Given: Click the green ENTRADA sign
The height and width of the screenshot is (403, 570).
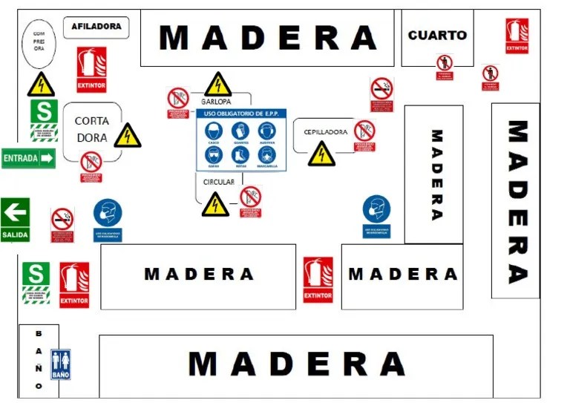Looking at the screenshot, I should click(28, 157).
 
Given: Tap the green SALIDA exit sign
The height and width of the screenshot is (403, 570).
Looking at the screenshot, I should click(15, 220).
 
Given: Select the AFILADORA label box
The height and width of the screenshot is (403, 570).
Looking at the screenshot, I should click(96, 27).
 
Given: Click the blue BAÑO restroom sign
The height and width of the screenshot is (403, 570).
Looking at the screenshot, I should click(60, 364).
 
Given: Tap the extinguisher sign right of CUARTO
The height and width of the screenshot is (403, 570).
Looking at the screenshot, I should click(517, 36).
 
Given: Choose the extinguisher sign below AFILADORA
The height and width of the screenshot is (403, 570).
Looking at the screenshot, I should click(91, 69).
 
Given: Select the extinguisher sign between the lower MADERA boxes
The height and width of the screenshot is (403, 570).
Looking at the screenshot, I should click(318, 280).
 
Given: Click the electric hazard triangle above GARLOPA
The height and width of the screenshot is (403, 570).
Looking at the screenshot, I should click(217, 85).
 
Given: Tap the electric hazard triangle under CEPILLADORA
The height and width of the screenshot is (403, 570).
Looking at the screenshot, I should click(321, 154).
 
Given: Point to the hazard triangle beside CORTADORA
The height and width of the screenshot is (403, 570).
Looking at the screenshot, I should click(128, 135).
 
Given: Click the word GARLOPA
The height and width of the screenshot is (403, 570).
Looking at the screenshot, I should click(217, 101).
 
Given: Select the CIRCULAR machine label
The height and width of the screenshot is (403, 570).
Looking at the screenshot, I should click(218, 182).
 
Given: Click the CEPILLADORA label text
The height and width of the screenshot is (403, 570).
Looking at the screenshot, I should click(325, 132).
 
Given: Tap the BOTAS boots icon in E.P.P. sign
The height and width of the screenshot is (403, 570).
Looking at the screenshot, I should click(240, 155).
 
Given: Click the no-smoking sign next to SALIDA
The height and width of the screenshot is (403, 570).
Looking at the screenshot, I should click(62, 223).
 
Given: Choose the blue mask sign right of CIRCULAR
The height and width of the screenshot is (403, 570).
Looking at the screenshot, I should click(377, 215).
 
